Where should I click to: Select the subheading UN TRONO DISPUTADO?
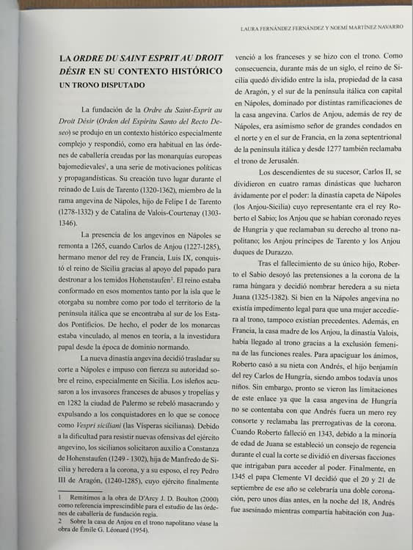[102, 85]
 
